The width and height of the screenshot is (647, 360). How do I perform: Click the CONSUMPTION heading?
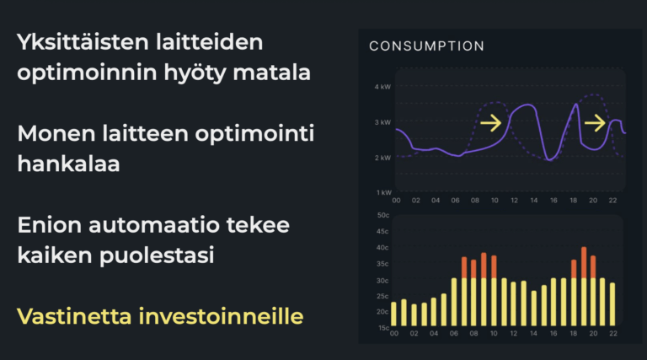pos(426,46)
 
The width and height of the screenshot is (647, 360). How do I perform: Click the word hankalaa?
pos(68,164)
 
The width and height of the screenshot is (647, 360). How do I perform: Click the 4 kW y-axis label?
pos(382,87)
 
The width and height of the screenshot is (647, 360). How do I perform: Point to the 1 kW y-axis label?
pos(382,193)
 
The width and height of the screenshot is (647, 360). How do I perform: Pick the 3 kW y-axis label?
pos(382,122)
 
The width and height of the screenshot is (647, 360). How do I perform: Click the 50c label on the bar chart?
pos(382,215)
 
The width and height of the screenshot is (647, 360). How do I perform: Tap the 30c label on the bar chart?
pos(382,280)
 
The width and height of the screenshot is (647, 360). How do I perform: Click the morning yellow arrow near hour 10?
pos(490,124)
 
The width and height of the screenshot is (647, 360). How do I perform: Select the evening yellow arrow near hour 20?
pos(595,124)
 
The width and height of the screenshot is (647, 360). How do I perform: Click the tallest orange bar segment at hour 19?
pos(584,262)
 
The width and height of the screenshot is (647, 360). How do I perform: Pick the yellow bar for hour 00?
pos(393,314)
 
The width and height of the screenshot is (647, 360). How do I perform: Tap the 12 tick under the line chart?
pos(514,200)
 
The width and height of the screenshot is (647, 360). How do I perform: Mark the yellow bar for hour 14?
pos(533,308)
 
